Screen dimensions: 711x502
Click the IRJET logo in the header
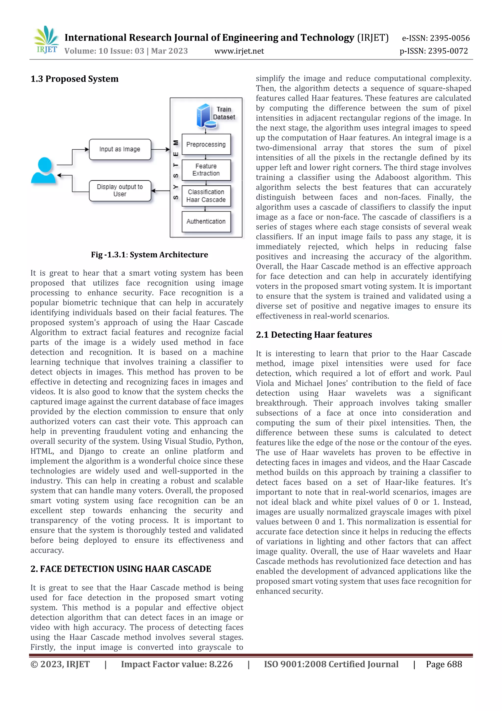(x=46, y=40)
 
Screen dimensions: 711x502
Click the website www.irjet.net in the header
(x=239, y=51)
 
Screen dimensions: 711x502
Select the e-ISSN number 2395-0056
(x=436, y=38)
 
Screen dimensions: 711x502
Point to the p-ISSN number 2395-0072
(x=434, y=51)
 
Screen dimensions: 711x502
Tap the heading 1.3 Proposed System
(x=74, y=79)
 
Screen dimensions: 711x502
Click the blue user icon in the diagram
(x=44, y=171)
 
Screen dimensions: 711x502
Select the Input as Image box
(x=120, y=149)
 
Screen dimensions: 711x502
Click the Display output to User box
(x=120, y=191)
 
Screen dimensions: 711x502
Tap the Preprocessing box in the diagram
(x=206, y=145)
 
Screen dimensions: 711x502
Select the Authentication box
(x=206, y=222)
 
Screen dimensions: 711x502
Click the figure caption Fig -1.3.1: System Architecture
(x=149, y=255)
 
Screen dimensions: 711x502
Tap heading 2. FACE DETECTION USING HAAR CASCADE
(x=121, y=569)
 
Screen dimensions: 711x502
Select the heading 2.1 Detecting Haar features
(x=314, y=335)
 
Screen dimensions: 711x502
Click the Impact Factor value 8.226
(x=177, y=664)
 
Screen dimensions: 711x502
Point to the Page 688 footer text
(x=444, y=664)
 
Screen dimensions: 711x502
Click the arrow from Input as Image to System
(x=161, y=149)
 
